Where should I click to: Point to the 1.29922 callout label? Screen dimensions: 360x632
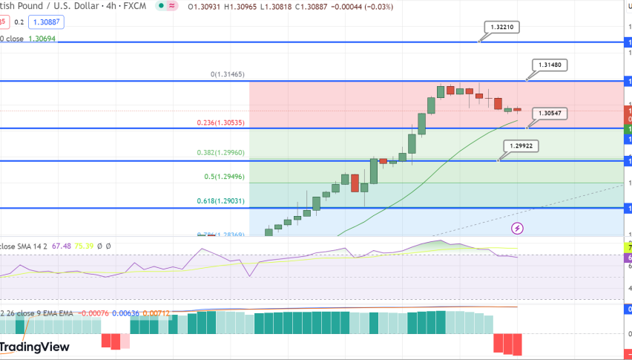[520, 146]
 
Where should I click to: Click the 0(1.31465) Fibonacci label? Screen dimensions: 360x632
[228, 74]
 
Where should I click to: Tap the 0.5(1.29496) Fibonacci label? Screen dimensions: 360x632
[224, 177]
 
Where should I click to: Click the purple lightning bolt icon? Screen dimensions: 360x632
[518, 227]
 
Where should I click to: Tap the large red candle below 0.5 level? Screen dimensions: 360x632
[355, 183]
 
